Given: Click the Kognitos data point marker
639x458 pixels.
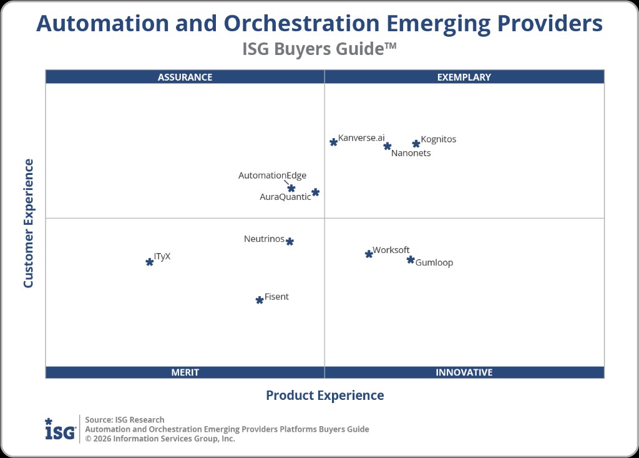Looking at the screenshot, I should (x=416, y=144).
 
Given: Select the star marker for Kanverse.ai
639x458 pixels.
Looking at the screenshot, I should (x=334, y=142).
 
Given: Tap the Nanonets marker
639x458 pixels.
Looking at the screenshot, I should (x=388, y=146).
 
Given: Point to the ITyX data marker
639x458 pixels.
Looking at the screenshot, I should (x=150, y=262).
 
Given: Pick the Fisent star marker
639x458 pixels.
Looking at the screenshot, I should (x=260, y=300).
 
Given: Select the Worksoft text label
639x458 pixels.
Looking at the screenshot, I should (x=391, y=250).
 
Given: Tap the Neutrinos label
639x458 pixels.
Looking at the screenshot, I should (x=264, y=239).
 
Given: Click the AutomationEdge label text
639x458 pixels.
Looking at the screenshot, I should (x=272, y=176).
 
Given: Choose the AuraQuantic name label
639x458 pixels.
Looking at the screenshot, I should (x=285, y=197).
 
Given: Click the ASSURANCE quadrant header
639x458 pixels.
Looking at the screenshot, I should (x=185, y=77).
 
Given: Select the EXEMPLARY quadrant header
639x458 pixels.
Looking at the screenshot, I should (x=464, y=77).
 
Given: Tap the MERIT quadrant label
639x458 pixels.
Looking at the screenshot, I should (x=185, y=372).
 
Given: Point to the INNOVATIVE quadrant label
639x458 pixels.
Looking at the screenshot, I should (x=464, y=372).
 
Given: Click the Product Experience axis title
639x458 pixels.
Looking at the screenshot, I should (x=324, y=396).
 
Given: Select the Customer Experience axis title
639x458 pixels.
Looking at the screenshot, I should (x=28, y=223).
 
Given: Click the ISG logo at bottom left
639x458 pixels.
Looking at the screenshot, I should (x=60, y=429).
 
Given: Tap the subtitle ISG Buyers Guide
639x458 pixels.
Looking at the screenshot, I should (x=319, y=49).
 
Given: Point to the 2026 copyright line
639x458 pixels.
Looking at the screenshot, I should (x=160, y=439).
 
